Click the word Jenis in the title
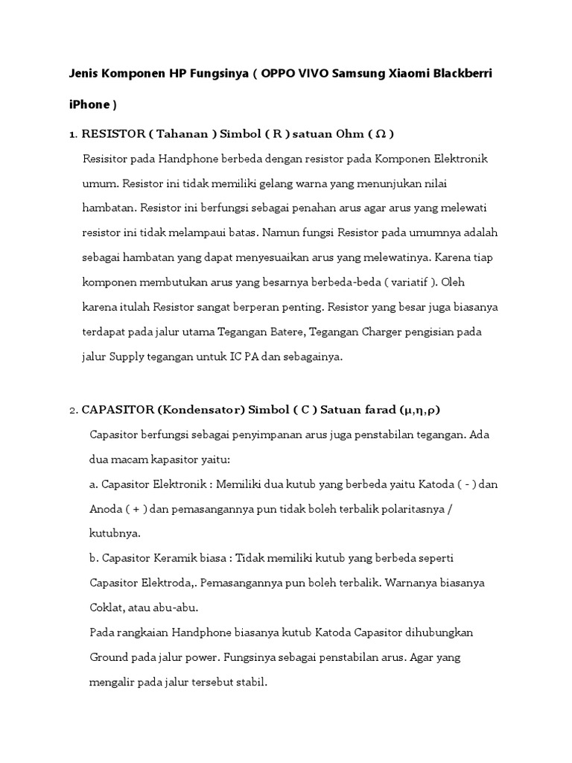coord(86,75)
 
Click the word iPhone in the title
coord(88,105)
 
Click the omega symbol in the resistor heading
coord(381,135)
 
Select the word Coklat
coord(108,607)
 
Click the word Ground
coord(110,657)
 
